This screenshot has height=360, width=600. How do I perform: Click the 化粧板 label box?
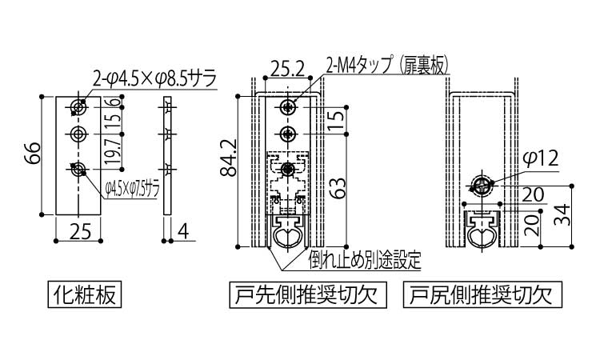click(85, 295)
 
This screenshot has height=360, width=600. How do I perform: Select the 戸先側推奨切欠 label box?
click(308, 295)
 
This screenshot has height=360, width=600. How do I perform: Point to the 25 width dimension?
click(78, 233)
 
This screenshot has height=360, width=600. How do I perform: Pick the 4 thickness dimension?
click(184, 233)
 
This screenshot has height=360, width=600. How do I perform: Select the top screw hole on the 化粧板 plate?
click(78, 106)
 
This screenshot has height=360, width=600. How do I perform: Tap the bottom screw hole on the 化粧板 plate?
click(78, 169)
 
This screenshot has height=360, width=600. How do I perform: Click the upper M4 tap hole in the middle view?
click(288, 106)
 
